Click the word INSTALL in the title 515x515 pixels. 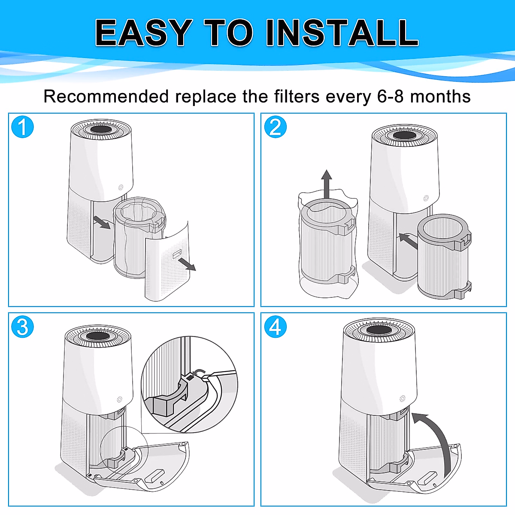tap(342, 33)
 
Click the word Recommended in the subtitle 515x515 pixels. tap(106, 97)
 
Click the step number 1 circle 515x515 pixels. tap(22, 127)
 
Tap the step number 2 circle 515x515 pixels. tap(275, 127)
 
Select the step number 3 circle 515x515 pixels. tap(22, 327)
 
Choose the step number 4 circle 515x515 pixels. tap(275, 327)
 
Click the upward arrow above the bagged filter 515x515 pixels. tap(327, 182)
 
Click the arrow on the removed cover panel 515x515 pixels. tap(187, 264)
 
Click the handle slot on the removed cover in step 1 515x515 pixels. tap(177, 254)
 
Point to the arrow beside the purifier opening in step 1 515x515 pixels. tap(101, 223)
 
